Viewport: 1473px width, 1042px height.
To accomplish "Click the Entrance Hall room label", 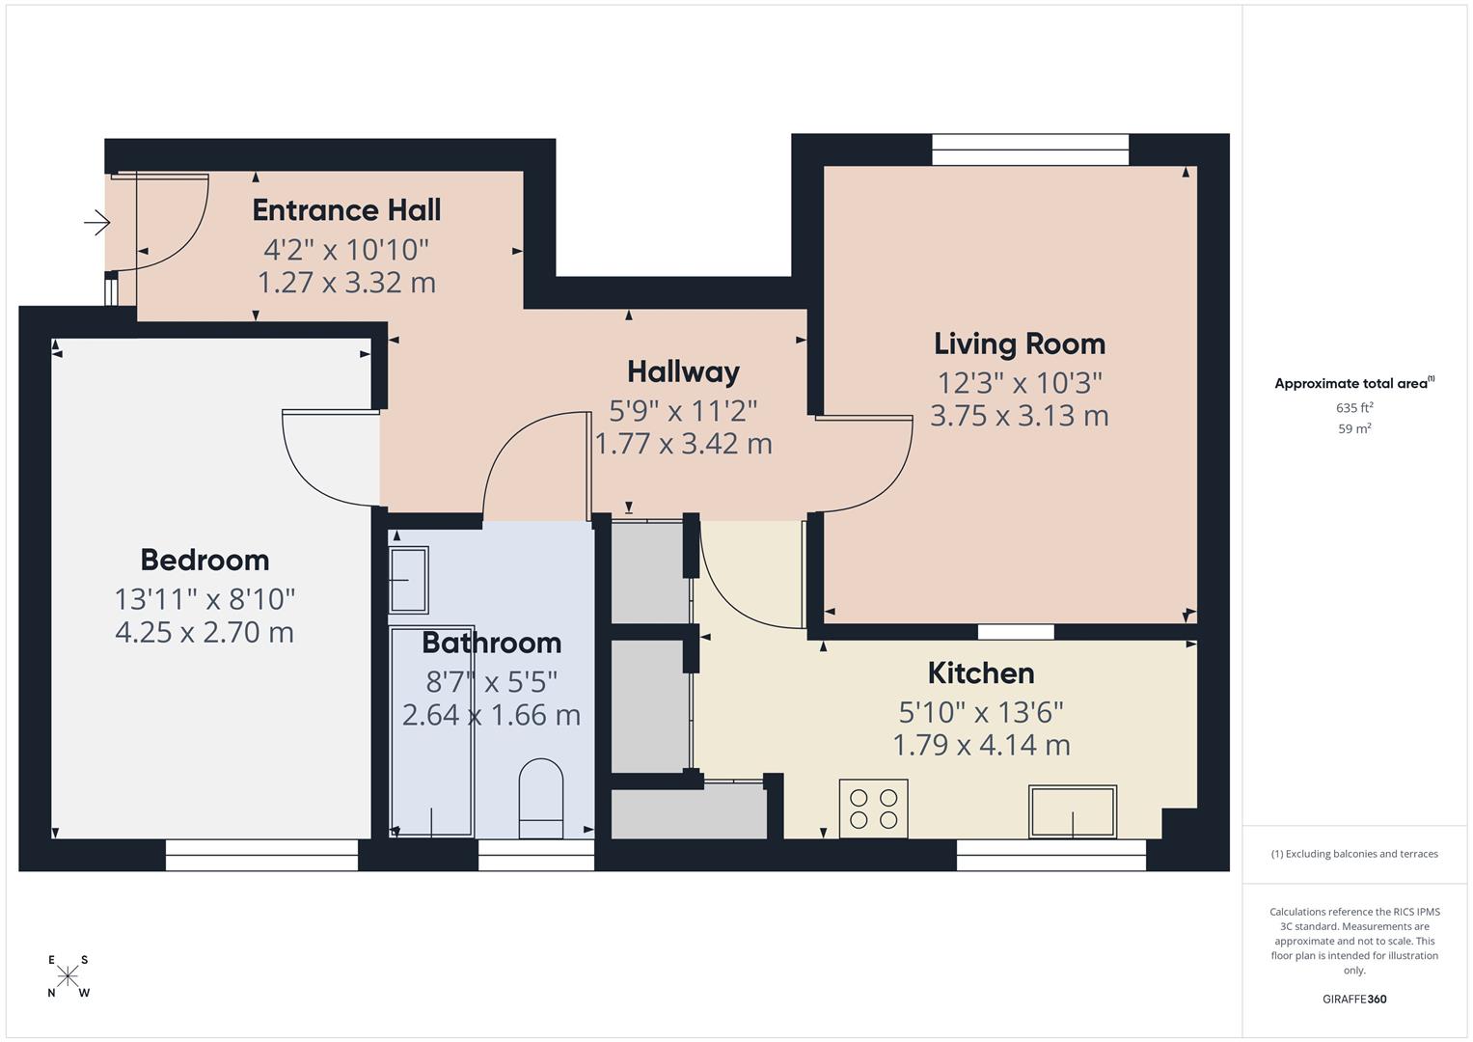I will click(346, 210).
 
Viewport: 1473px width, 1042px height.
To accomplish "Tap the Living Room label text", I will click(1019, 343).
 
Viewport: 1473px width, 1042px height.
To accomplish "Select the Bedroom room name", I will click(205, 560).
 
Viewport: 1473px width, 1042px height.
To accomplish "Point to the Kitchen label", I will click(980, 672).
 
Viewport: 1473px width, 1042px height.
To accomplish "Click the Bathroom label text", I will click(491, 643).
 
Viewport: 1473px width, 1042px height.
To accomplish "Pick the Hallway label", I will click(683, 371).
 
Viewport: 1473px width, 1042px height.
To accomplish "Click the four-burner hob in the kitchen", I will click(873, 809).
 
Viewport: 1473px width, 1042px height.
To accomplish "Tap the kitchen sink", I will click(1073, 811).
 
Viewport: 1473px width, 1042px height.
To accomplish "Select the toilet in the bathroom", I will click(541, 798).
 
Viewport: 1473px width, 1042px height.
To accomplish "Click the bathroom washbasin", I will click(408, 580).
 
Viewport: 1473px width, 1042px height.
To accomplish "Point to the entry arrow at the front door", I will click(96, 224).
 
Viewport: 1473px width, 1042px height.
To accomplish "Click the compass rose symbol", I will click(68, 976).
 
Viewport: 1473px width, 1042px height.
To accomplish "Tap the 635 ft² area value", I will click(1353, 408).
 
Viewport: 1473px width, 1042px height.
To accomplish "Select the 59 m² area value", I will click(1353, 429).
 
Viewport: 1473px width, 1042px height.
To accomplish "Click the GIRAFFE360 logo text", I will click(1353, 999).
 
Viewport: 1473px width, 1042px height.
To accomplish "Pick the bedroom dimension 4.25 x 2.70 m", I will click(205, 633).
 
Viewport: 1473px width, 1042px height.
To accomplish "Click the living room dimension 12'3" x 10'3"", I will click(1019, 383).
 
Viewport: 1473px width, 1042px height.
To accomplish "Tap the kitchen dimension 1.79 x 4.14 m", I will click(980, 745).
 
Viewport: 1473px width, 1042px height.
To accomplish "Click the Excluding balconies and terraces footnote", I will click(1353, 854).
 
